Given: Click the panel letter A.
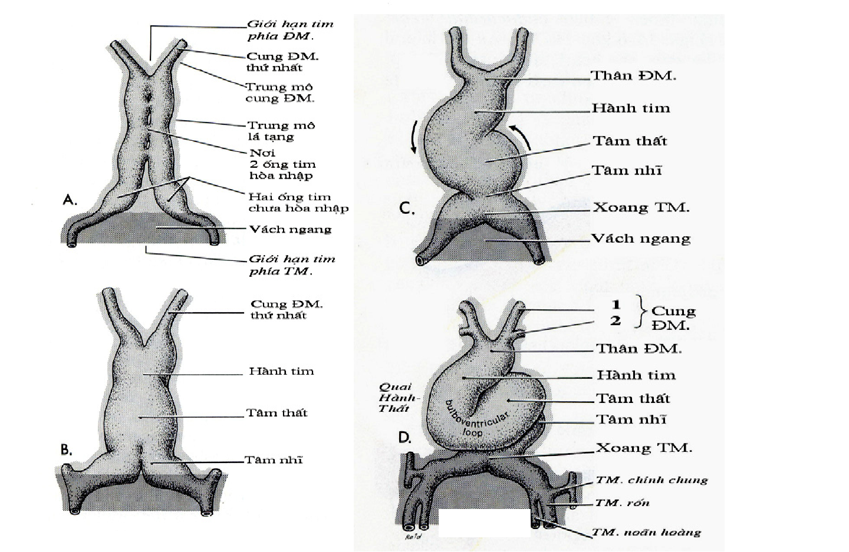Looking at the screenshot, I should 70,200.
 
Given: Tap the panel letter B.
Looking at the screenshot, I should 67,450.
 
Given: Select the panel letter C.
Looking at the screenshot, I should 407,209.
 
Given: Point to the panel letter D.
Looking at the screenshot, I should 404,438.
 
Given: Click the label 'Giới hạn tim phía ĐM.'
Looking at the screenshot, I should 289,30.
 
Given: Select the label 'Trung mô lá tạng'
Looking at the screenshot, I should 281,131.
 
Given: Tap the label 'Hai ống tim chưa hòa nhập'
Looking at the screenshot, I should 298,202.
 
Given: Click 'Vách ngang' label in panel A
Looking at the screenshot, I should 290,229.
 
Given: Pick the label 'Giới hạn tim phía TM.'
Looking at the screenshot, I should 291,265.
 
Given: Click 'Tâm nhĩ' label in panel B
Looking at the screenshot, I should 274,460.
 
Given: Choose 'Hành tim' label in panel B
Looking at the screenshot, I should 281,371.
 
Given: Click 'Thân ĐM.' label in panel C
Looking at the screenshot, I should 633,75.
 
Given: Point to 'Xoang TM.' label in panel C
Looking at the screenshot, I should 641,207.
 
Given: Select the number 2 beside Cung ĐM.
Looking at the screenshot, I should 616,321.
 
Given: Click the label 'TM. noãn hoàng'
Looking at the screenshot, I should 646,533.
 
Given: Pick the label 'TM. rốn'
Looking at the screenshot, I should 622,503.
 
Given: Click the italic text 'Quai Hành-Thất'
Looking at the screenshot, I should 396,398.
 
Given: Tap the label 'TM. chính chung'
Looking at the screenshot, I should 651,480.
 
